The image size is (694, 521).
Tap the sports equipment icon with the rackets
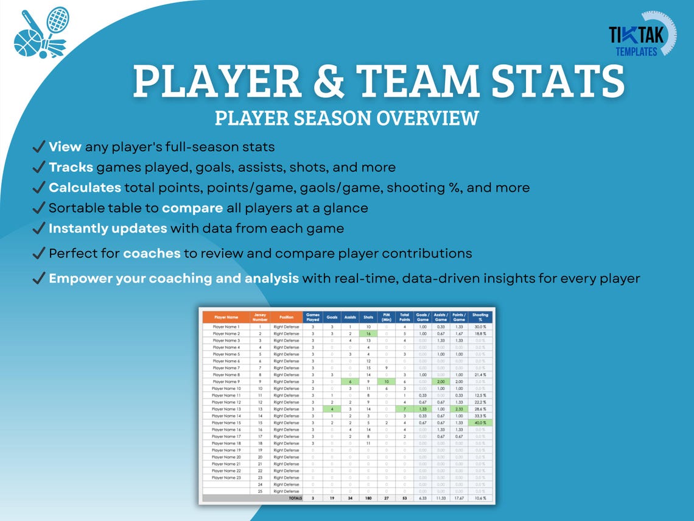tap(40, 33)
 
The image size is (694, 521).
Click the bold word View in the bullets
tap(65, 147)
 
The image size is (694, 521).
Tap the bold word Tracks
tap(71, 167)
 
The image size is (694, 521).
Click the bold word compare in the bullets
tap(192, 208)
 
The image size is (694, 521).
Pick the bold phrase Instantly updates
tap(108, 229)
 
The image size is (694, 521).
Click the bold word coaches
tap(152, 253)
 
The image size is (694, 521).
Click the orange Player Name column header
tap(226, 317)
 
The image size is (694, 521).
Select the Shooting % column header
tap(480, 317)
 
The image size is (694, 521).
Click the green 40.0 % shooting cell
tap(480, 423)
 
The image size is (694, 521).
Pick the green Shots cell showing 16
tap(368, 334)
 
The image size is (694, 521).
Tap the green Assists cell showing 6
tap(350, 381)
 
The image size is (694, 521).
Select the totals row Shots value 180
tap(368, 498)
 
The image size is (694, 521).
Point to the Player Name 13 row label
tap(226, 409)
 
